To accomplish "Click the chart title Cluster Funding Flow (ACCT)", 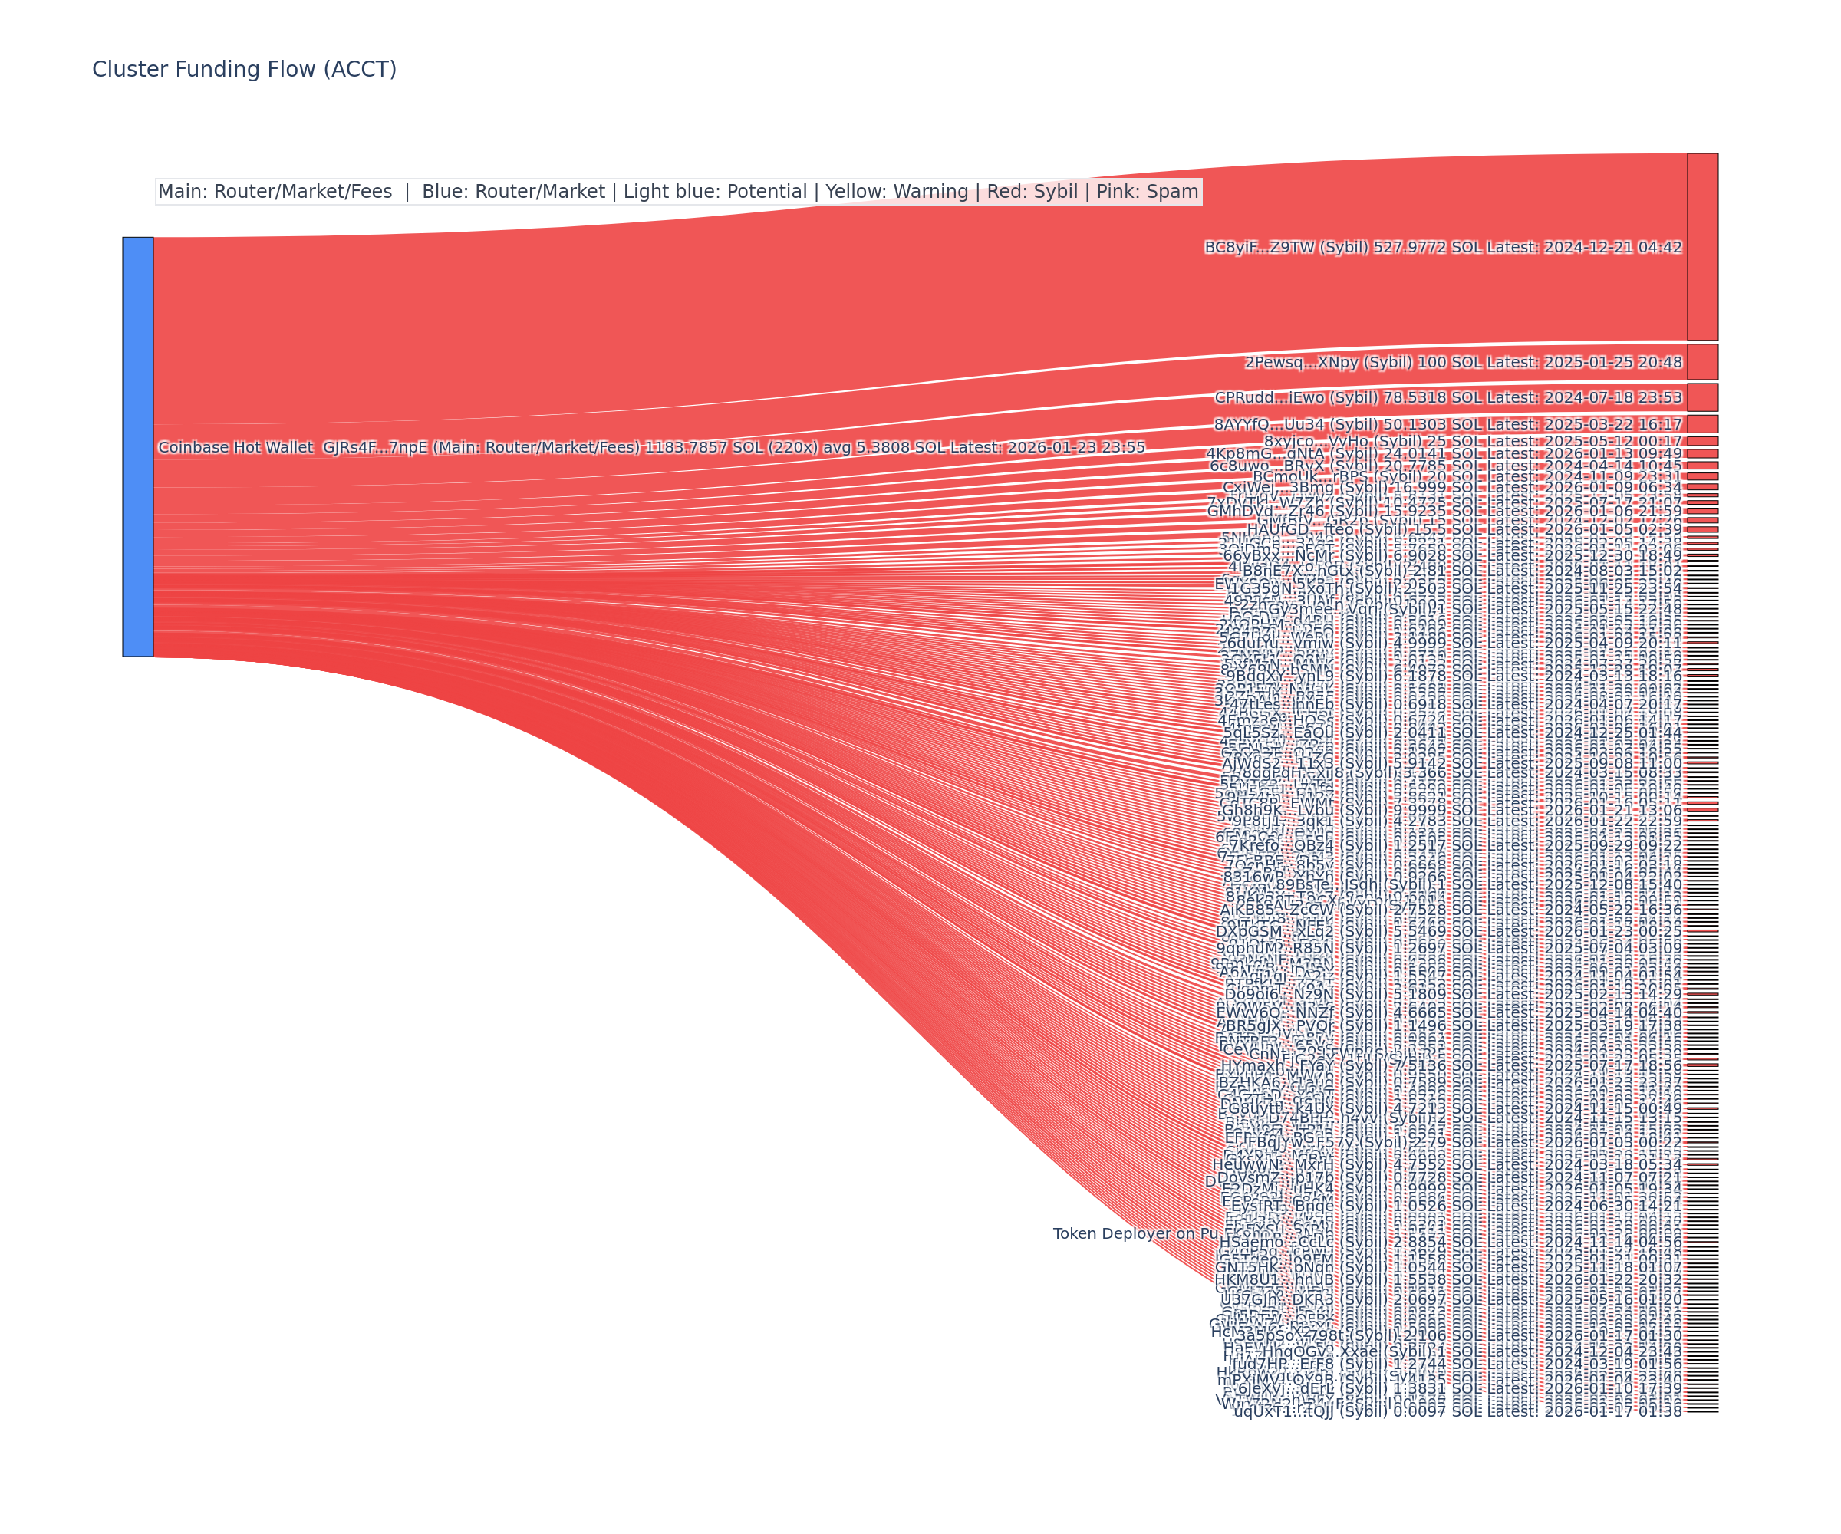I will (x=244, y=69).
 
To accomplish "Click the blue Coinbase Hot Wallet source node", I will (x=137, y=446).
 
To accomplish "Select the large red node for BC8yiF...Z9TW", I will (x=1701, y=246).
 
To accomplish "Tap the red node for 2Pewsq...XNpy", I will (x=1701, y=361).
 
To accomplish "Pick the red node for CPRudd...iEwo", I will (x=1701, y=397).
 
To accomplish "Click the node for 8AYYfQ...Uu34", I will (x=1701, y=424).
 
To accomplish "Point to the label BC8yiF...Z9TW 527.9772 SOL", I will (x=1442, y=247).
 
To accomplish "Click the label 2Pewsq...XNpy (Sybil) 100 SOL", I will (x=1462, y=362).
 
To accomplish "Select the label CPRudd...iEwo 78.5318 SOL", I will (x=1447, y=397).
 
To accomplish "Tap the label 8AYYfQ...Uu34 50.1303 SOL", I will (x=1447, y=424).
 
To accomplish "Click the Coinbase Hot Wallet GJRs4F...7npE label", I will (x=650, y=447).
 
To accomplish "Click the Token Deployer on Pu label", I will (x=1135, y=1233).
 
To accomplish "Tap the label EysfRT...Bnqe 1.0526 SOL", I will (x=1456, y=1206).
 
